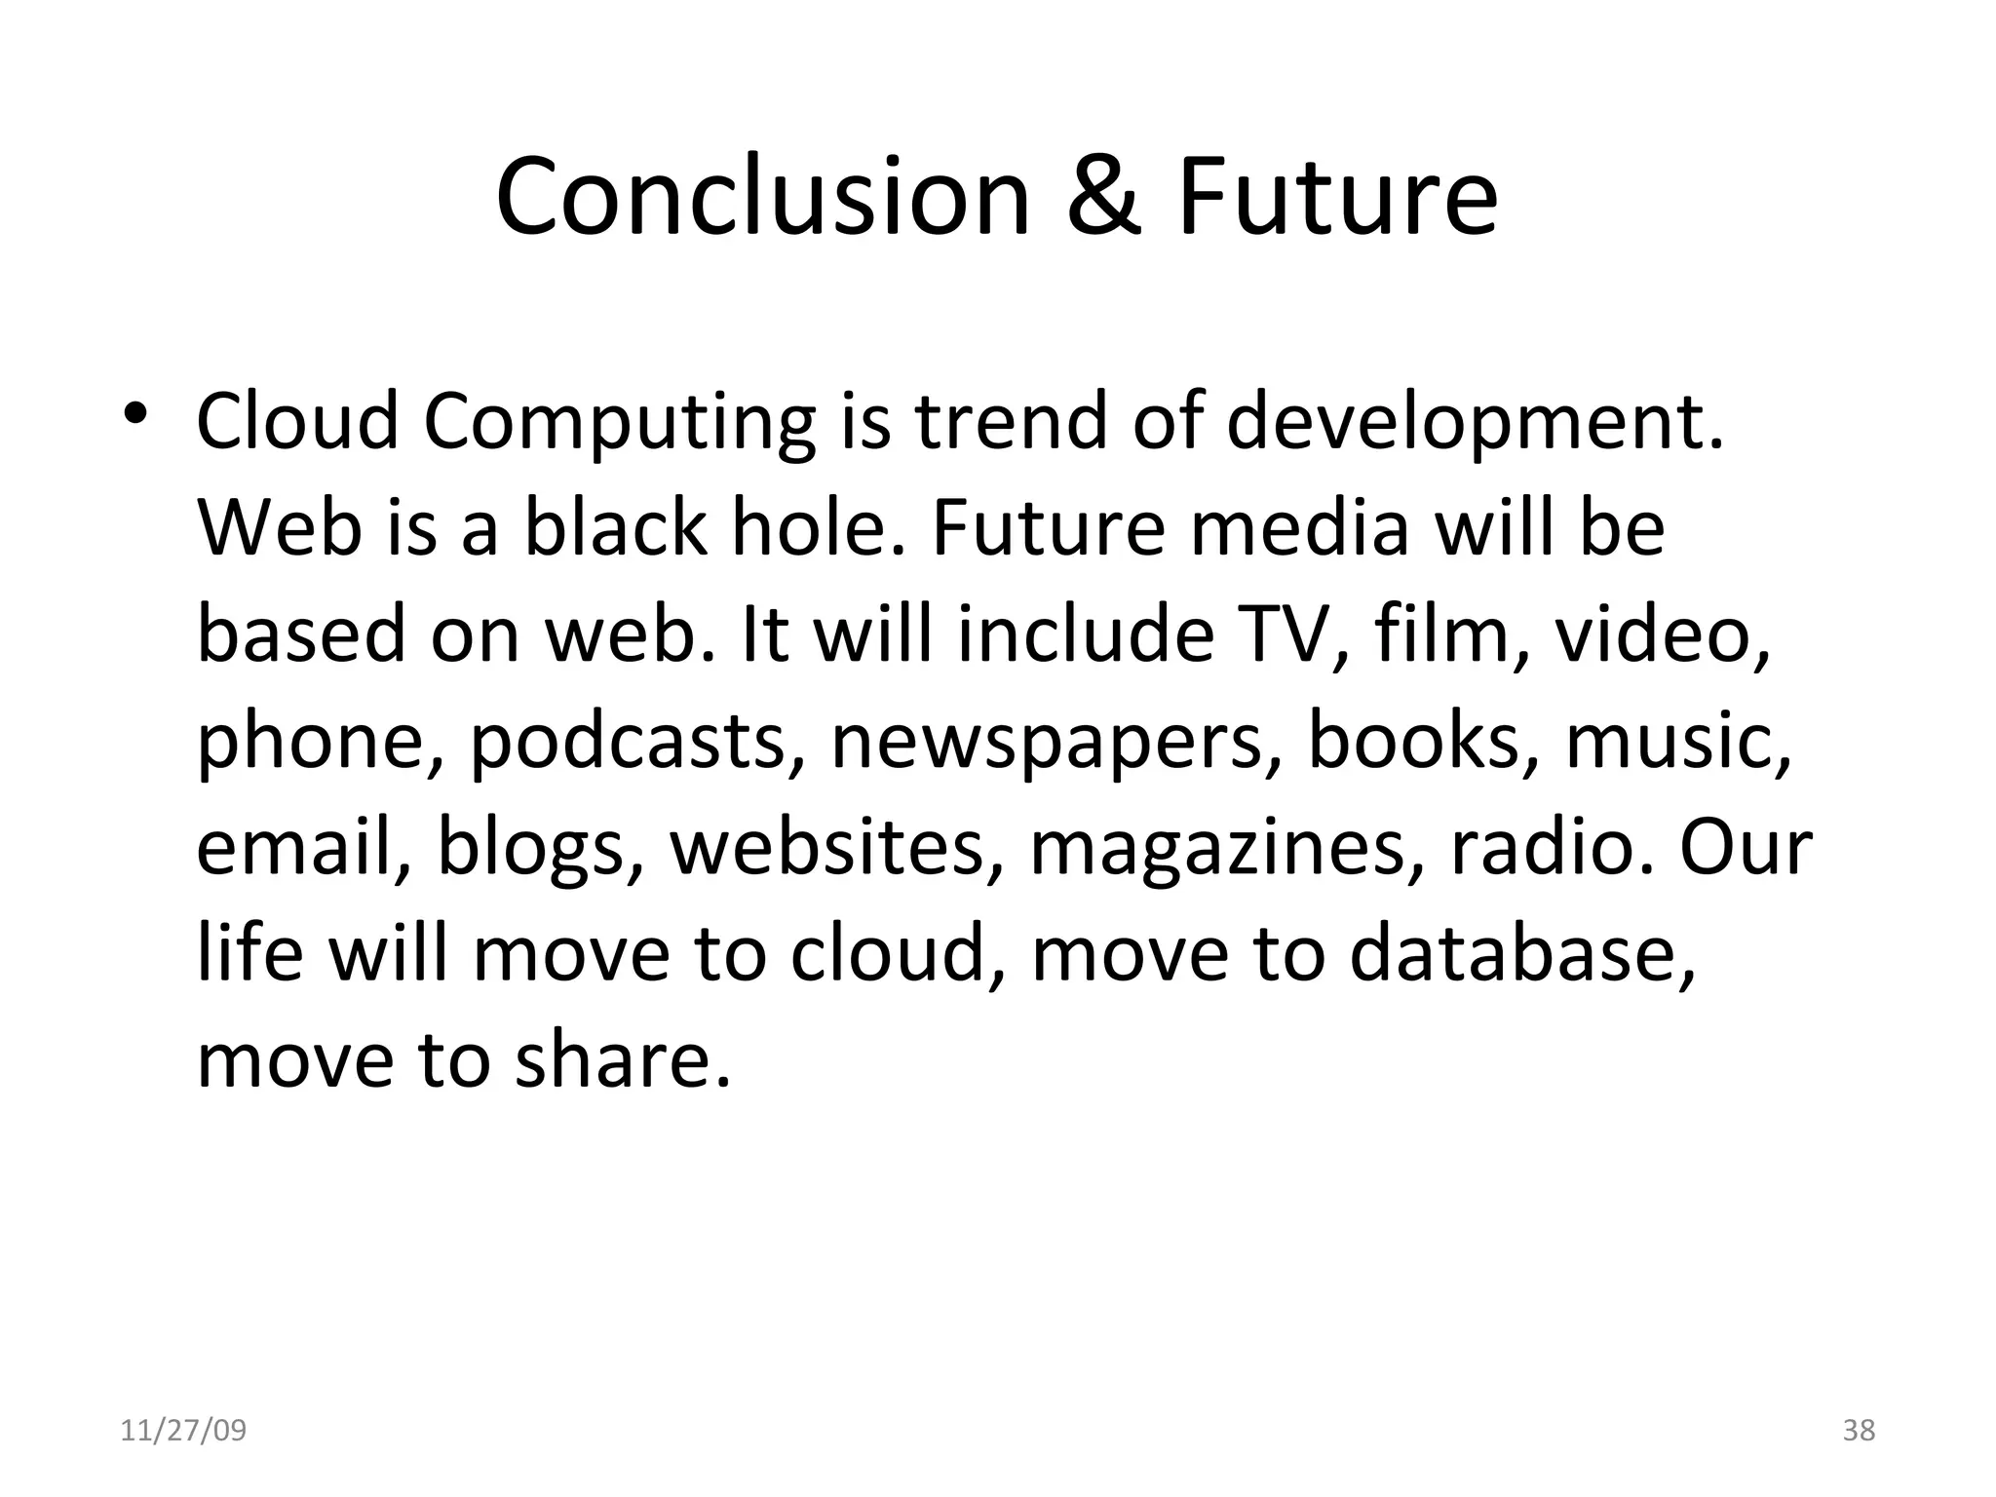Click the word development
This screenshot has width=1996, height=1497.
pyautogui.click(x=1474, y=423)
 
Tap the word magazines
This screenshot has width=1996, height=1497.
pyautogui.click(x=1229, y=848)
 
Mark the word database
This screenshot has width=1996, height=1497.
pyautogui.click(x=1521, y=952)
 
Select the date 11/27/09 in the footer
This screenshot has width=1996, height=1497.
pyautogui.click(x=183, y=1431)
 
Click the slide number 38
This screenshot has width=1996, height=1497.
pyautogui.click(x=1859, y=1431)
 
